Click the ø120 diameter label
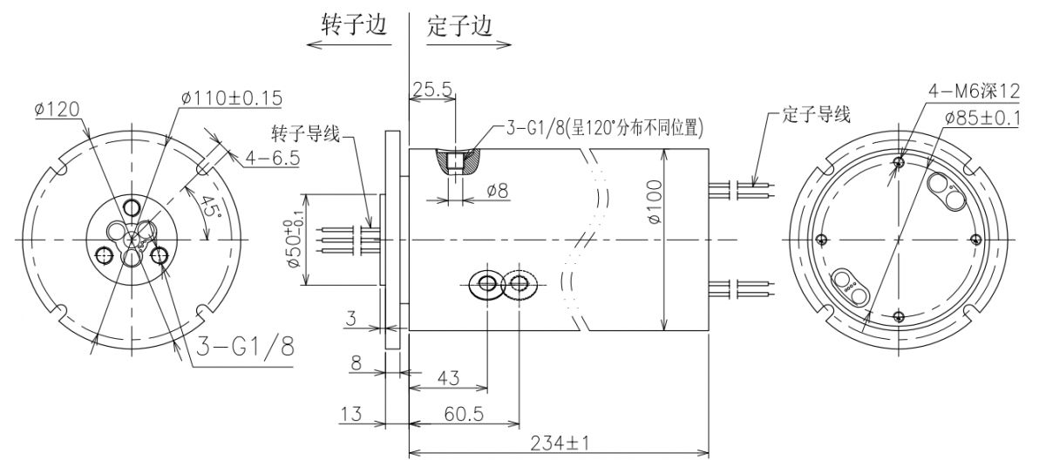pos(58,109)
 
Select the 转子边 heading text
pos(354,24)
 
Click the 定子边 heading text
pos(459,24)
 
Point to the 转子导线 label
pos(305,135)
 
